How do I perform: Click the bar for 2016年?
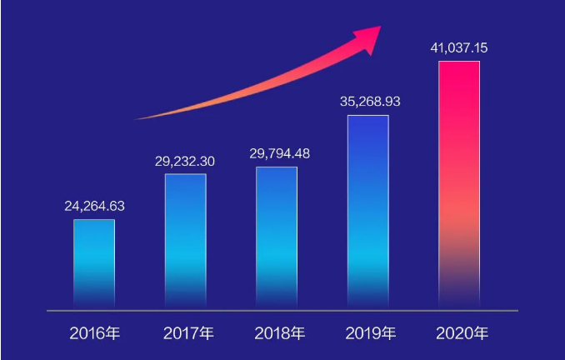tap(94, 263)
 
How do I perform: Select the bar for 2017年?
tap(185, 241)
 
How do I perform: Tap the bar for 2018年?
tap(276, 237)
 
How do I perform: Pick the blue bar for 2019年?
tap(367, 212)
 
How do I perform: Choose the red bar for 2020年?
tap(459, 184)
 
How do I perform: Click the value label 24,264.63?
tap(94, 206)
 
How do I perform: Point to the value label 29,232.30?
tap(185, 161)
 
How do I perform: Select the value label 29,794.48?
tap(276, 153)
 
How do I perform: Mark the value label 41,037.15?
tap(459, 47)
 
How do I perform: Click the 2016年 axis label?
tap(94, 334)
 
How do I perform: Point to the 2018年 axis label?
tap(280, 334)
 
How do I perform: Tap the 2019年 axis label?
tap(371, 334)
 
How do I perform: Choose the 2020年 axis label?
tap(462, 334)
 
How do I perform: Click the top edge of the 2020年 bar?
tap(459, 62)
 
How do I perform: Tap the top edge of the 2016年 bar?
tap(94, 220)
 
